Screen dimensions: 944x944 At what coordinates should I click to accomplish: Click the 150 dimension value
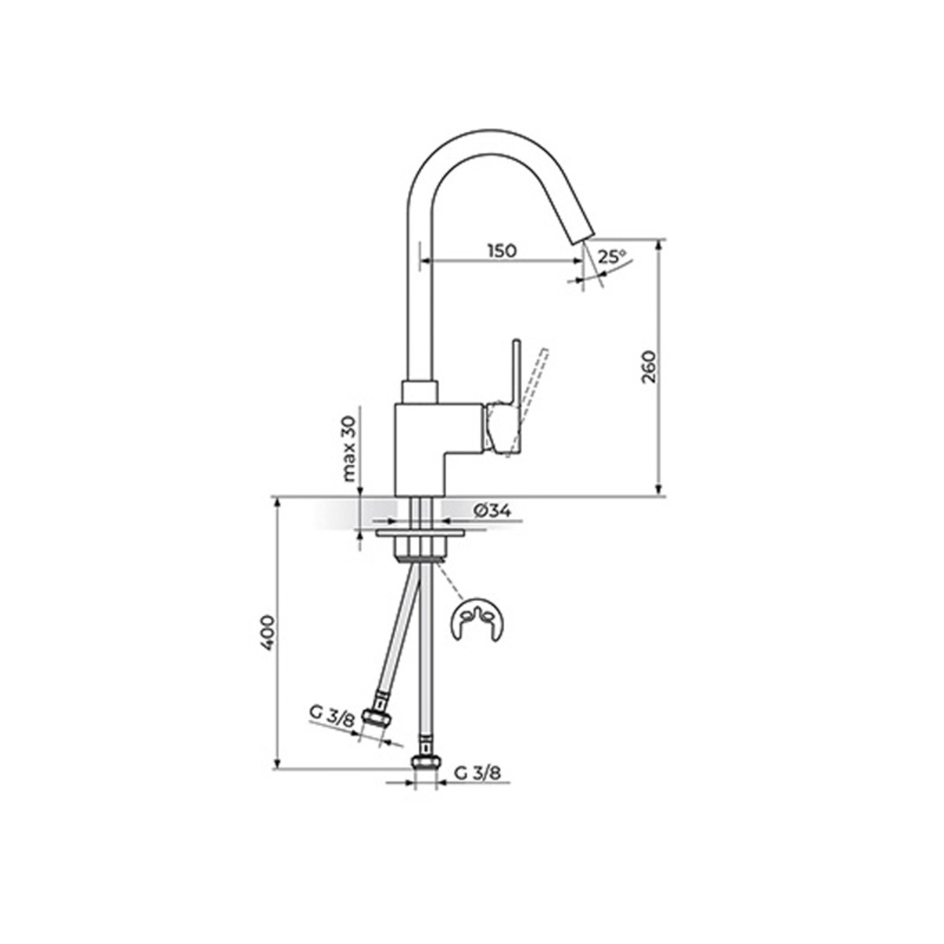coord(501,251)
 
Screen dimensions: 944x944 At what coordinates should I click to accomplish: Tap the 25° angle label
coord(610,256)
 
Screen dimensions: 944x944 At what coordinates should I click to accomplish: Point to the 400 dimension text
coord(267,632)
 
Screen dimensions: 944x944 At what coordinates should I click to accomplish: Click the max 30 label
coord(349,449)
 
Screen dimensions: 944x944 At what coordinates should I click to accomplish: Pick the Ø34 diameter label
coord(492,511)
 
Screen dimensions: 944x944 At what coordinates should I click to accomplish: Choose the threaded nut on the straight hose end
coord(426,761)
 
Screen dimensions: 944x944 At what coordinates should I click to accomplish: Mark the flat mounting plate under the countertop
coord(420,533)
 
